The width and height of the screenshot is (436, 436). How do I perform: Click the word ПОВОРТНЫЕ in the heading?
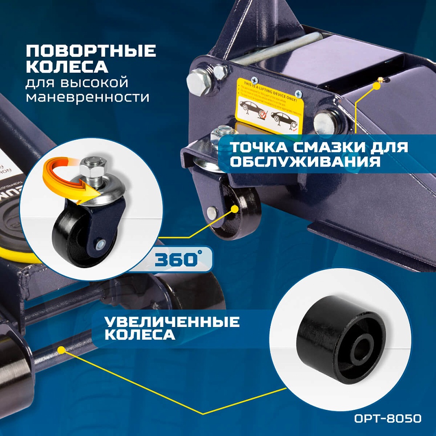tap(90, 51)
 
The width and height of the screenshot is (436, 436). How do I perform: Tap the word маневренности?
tap(87, 97)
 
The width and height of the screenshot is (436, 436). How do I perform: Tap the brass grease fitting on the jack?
tap(380, 80)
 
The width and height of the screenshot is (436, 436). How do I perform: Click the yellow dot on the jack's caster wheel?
tap(235, 208)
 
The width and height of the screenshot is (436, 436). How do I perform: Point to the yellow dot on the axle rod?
tap(61, 349)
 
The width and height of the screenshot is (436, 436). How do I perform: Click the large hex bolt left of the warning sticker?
tap(197, 81)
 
